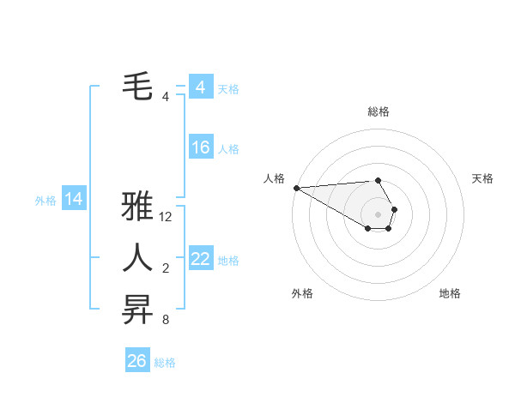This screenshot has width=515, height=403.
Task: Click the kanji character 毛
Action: [137, 86]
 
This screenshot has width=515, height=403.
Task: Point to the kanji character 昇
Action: [137, 309]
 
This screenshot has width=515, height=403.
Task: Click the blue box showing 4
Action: [200, 87]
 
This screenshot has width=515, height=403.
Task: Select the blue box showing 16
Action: [200, 147]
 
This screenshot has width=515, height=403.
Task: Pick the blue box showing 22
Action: [200, 259]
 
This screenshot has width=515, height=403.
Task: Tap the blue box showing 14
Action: [74, 199]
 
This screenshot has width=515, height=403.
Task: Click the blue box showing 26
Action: [136, 361]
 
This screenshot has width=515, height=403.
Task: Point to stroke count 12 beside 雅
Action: [166, 218]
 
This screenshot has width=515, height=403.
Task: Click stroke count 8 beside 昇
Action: [165, 321]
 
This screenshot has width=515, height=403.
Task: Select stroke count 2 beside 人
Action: [165, 269]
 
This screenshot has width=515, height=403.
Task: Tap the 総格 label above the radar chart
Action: [379, 111]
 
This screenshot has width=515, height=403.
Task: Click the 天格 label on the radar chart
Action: [482, 178]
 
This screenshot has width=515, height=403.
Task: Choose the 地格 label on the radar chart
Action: [450, 293]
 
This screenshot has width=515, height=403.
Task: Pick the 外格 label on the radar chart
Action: [302, 293]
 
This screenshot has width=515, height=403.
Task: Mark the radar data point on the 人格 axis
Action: [296, 188]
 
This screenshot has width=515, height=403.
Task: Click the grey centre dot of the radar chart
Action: [378, 214]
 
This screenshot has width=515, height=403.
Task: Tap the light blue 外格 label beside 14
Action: [45, 201]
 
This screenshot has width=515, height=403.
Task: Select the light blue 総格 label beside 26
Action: [165, 363]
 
